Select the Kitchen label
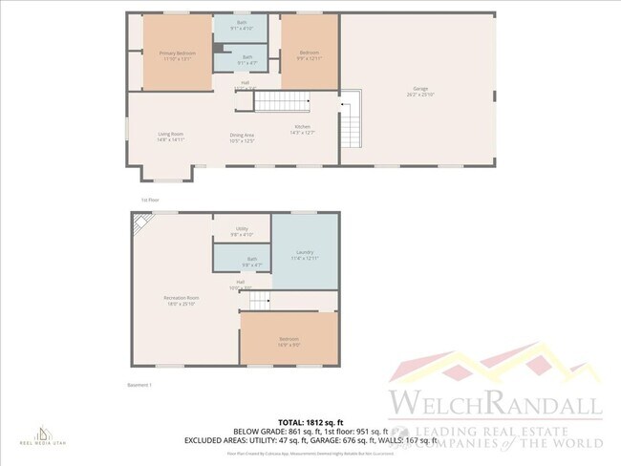[x=302, y=128]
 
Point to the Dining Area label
[x=242, y=137]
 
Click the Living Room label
[x=171, y=137]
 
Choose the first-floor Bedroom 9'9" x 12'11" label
[x=310, y=54]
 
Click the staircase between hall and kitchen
[x=282, y=102]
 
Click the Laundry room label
[x=305, y=254]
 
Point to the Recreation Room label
[x=182, y=301]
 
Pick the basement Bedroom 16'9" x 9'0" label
[x=289, y=340]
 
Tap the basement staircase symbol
[x=260, y=301]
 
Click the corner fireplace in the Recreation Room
[x=141, y=222]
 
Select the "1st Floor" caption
[x=150, y=200]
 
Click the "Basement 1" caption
[x=140, y=384]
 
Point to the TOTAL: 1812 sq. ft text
[x=310, y=421]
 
